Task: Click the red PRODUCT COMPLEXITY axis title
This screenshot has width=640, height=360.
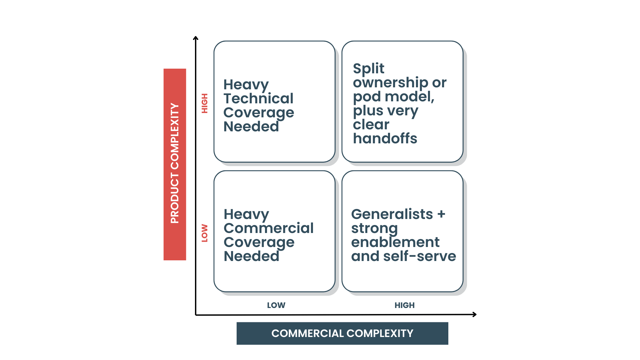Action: [175, 164]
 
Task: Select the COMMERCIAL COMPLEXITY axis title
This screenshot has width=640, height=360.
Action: [342, 333]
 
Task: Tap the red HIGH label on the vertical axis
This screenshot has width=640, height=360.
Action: [205, 103]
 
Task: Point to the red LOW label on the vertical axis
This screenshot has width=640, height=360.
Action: [205, 233]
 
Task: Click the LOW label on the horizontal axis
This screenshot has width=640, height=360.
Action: [276, 305]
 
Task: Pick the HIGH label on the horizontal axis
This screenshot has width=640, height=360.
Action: [404, 305]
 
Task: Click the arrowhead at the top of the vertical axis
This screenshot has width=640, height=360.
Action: [196, 38]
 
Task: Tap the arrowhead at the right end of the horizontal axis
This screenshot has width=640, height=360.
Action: [474, 314]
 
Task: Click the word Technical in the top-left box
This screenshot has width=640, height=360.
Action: [258, 99]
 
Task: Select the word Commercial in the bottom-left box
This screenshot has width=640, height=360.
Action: [269, 228]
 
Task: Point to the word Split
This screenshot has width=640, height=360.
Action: [368, 69]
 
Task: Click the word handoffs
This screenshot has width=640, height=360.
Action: [385, 138]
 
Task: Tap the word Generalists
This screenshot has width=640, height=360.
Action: [392, 214]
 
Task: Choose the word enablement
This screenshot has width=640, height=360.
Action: [395, 242]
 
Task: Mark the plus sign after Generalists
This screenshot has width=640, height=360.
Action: [441, 214]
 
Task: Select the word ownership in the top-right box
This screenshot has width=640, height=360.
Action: [391, 83]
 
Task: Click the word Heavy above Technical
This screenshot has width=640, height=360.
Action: [246, 85]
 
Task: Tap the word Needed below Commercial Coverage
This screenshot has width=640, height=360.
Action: [251, 256]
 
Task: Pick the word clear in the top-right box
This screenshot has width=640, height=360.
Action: [371, 125]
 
